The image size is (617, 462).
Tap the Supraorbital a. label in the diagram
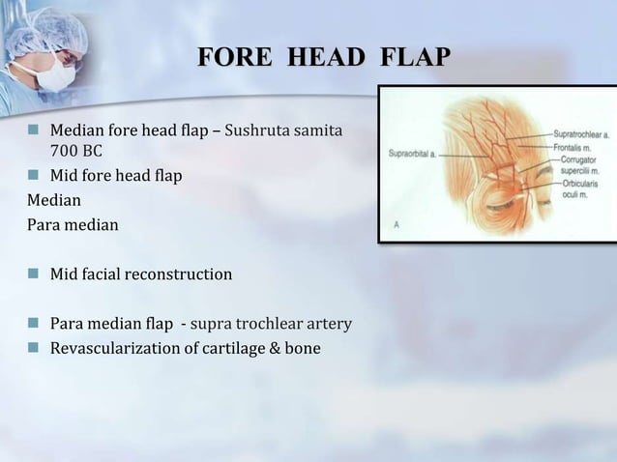point(414,152)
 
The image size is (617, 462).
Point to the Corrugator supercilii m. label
point(578,163)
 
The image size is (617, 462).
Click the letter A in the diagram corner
point(397,223)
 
